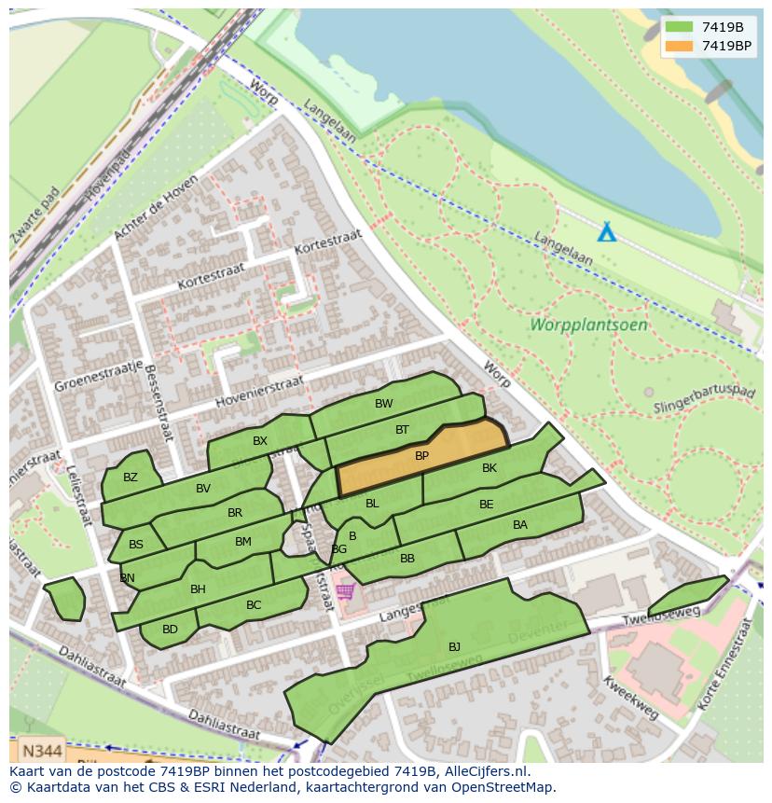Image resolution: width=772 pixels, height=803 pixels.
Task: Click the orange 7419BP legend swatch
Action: click(679, 46)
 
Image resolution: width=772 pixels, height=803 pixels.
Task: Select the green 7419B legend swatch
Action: click(679, 27)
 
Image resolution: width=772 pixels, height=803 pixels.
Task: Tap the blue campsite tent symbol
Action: click(606, 231)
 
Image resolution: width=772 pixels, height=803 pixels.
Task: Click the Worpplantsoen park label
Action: click(588, 325)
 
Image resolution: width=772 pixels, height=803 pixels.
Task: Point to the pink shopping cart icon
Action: click(346, 591)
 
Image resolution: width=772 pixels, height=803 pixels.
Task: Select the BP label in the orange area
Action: click(421, 456)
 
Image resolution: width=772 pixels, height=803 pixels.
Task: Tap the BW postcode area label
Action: click(383, 404)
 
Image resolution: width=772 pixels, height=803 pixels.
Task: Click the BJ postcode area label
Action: click(454, 646)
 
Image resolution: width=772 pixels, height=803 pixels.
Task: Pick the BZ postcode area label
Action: click(131, 478)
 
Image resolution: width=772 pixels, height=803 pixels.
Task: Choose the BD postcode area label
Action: click(170, 630)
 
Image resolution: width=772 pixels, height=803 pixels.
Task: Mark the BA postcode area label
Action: click(520, 525)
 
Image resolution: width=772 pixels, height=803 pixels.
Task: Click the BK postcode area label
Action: click(489, 468)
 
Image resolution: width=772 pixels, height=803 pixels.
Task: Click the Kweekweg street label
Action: click(630, 699)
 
